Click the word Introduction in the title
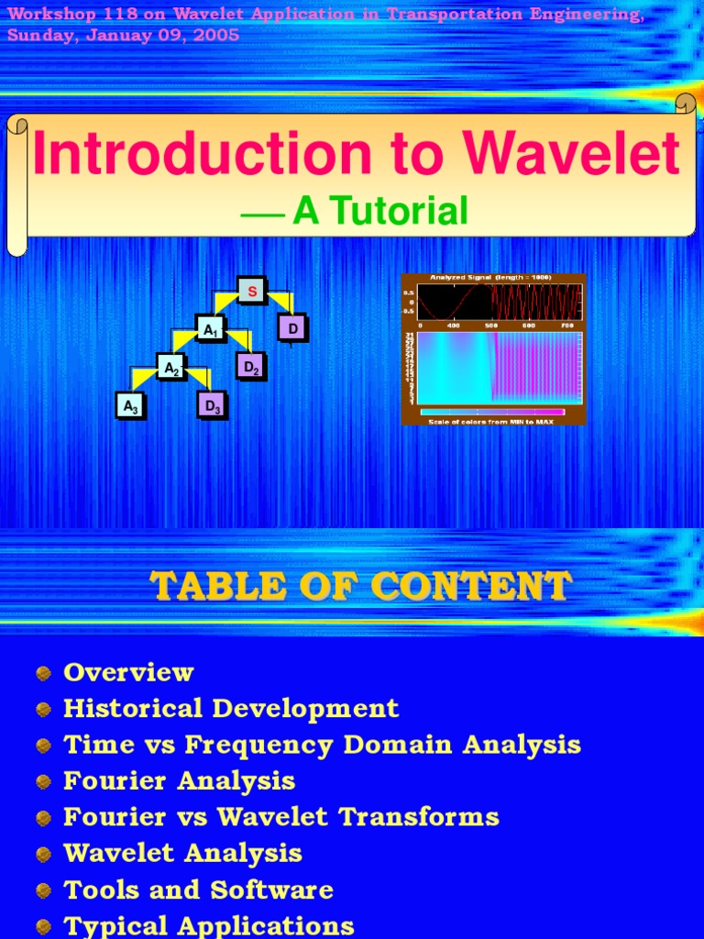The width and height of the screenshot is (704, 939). (190, 154)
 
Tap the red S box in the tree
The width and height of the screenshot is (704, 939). (252, 291)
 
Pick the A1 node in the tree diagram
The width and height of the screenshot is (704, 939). (211, 328)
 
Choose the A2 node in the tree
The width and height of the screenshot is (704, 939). (170, 368)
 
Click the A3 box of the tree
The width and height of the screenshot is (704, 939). (130, 405)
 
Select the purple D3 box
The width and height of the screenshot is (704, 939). (212, 405)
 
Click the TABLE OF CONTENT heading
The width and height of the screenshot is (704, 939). (360, 585)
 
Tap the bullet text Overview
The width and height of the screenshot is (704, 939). (128, 672)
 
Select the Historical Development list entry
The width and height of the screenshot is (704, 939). (231, 708)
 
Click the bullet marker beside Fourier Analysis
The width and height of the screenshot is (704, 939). (43, 782)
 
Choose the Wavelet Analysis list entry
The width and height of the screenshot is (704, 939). (182, 853)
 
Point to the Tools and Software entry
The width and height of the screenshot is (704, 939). (198, 889)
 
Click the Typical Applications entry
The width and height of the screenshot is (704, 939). (208, 925)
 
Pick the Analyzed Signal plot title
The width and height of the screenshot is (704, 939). (490, 277)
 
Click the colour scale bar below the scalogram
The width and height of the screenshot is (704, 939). (492, 412)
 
